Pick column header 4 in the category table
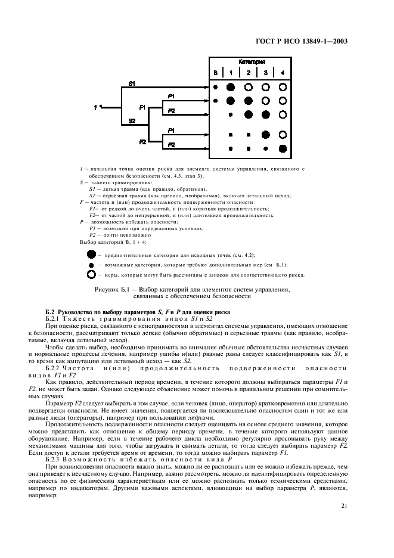tap(283, 73)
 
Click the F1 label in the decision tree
tap(142, 107)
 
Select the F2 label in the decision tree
tap(142, 142)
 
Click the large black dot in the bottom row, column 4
tap(283, 148)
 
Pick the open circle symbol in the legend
tap(91, 275)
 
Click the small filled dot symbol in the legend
tap(91, 265)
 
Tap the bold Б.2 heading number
tap(50, 311)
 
